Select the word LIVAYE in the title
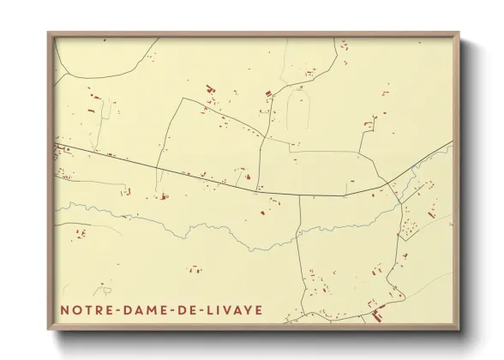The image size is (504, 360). click(x=234, y=309)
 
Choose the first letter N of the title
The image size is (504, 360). click(x=64, y=309)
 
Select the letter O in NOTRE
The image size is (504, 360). click(x=76, y=309)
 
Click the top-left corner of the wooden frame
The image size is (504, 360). click(x=49, y=33)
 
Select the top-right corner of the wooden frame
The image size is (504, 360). click(x=460, y=33)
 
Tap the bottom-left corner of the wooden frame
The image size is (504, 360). click(x=49, y=329)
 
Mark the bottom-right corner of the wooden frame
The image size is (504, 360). click(x=460, y=329)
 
